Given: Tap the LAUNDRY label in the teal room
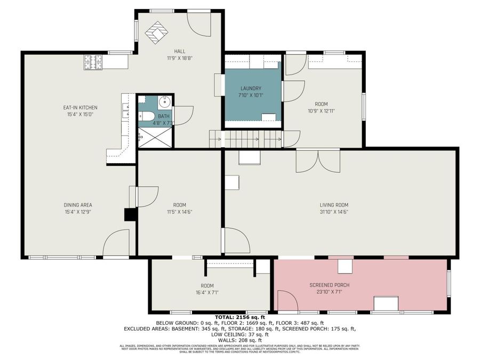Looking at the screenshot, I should click(251, 89).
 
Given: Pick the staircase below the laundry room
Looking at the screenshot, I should click(251, 140).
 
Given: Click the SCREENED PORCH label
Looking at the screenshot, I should click(329, 285).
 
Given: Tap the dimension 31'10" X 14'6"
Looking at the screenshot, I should click(334, 211).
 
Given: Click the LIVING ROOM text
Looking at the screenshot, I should click(334, 205).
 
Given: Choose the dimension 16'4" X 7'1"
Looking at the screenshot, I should click(207, 292).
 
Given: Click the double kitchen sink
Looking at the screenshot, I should click(126, 111).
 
